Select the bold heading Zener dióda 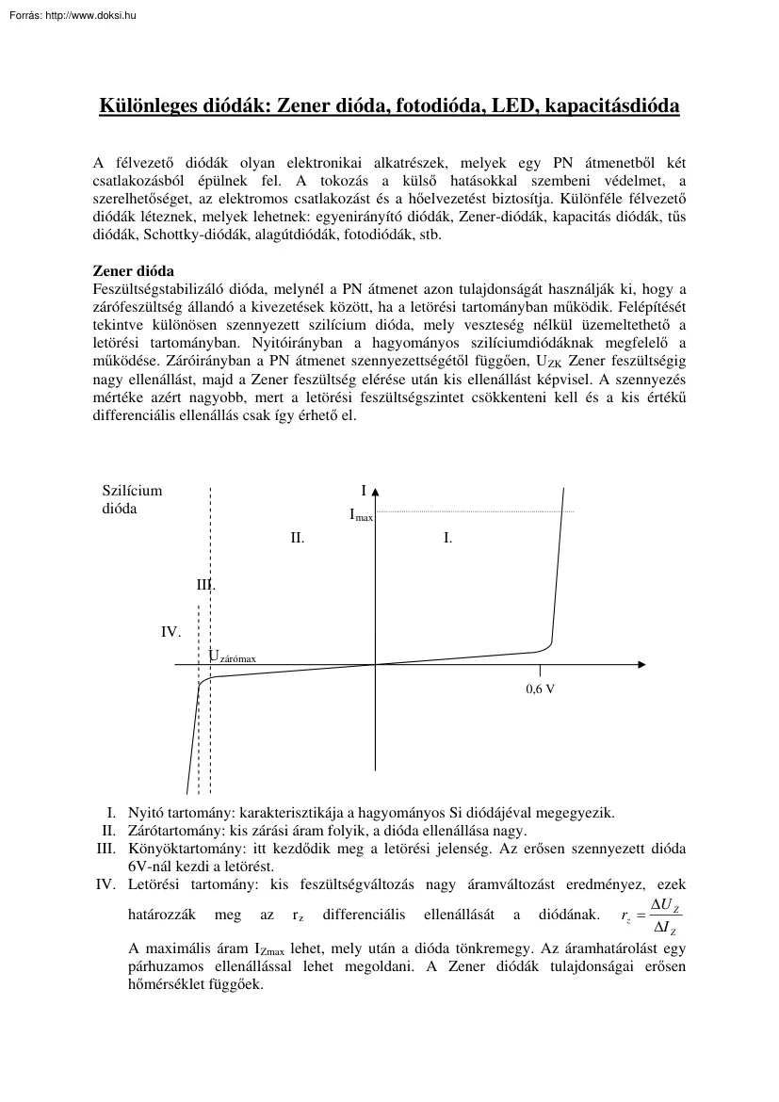133,269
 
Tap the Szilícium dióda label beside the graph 132,499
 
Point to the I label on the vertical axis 363,491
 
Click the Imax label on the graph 361,515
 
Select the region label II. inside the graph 297,538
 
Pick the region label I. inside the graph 447,538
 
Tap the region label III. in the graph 205,585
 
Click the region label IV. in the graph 170,632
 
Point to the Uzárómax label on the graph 232,656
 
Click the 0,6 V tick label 540,689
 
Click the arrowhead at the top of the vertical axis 375,492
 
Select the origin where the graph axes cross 375,664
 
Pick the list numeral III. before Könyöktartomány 106,849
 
